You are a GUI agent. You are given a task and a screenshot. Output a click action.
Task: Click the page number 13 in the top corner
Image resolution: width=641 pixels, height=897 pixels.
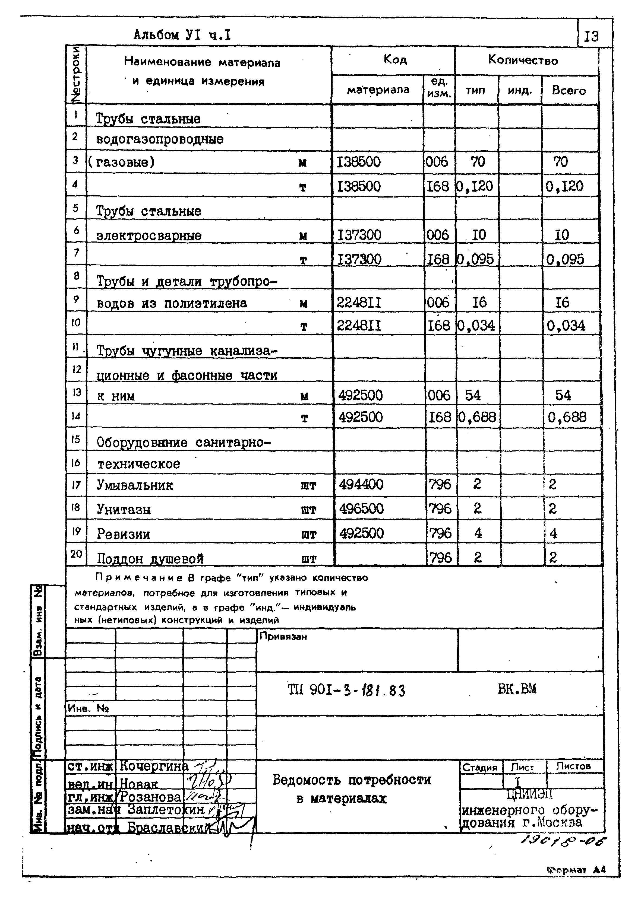[591, 37]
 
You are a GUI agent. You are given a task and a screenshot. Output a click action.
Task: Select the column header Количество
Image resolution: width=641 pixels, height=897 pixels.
[523, 60]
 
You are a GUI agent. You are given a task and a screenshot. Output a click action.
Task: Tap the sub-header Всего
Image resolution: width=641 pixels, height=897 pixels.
[569, 90]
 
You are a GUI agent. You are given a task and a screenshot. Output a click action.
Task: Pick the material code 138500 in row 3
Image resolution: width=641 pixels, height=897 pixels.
[359, 162]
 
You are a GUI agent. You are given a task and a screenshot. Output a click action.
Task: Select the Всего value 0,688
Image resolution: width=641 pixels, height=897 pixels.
[567, 417]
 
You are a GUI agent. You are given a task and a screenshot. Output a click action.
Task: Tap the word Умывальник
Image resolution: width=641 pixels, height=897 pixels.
[135, 485]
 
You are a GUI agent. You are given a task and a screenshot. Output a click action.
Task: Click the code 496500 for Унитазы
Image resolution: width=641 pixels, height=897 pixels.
[361, 509]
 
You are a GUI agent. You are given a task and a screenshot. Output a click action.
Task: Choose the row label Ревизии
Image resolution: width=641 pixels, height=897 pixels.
[124, 534]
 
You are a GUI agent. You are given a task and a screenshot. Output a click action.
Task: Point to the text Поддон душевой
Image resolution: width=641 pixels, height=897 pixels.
[150, 559]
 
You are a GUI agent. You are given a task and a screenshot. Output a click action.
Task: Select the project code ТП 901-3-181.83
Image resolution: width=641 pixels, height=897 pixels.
[346, 690]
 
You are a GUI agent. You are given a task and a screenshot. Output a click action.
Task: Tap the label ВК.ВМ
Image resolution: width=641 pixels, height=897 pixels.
[517, 689]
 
